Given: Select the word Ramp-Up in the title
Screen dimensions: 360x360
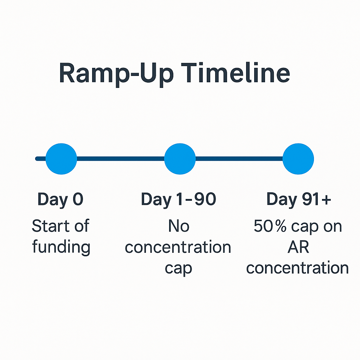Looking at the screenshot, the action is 116,75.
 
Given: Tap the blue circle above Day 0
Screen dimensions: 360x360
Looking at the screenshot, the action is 61,159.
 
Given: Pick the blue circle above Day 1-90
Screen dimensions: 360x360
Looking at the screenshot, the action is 180,159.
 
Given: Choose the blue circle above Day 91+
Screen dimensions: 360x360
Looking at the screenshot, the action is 298,159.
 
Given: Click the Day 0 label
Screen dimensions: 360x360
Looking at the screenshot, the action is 60,200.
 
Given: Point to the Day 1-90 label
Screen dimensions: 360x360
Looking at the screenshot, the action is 179,200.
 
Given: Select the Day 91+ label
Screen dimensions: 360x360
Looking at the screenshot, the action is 299,200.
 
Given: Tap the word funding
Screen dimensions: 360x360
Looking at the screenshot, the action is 61,247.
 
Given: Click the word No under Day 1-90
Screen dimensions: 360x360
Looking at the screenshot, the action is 179,226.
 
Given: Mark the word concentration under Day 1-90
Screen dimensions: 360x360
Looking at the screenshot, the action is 178,247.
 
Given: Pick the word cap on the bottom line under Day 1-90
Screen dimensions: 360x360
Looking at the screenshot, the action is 178,269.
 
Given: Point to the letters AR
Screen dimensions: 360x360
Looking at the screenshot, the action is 298,247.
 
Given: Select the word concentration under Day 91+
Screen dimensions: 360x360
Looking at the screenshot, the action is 297,268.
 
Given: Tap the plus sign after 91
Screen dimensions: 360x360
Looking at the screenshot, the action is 326,199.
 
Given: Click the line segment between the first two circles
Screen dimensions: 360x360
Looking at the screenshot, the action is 121,159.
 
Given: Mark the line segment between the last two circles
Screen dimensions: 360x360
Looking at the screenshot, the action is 239,159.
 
